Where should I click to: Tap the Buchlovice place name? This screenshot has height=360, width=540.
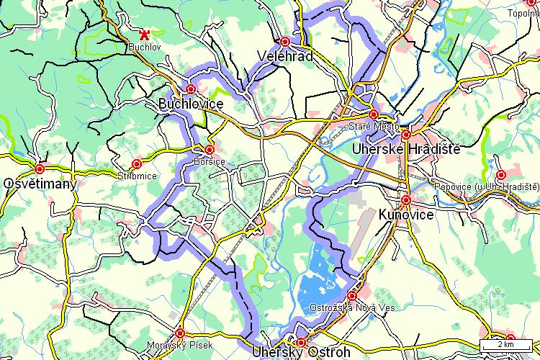click(x=191, y=104)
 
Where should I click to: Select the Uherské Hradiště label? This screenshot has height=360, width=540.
click(x=405, y=149)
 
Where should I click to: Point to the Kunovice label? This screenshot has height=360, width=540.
click(x=406, y=215)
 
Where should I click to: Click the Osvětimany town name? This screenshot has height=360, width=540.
click(x=40, y=184)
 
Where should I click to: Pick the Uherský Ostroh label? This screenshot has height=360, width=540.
click(x=301, y=353)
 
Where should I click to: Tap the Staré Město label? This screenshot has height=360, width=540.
click(x=368, y=127)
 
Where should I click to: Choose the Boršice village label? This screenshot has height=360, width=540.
click(x=210, y=161)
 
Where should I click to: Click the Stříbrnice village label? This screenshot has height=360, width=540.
click(x=136, y=176)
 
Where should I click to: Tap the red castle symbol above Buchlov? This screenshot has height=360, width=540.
click(x=145, y=34)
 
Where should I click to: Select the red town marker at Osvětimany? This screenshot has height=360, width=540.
click(x=40, y=169)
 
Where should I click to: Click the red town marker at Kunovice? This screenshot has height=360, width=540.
click(x=406, y=200)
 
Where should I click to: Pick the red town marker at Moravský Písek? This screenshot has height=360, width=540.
click(x=180, y=333)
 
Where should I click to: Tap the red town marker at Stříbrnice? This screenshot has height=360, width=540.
click(x=137, y=164)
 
